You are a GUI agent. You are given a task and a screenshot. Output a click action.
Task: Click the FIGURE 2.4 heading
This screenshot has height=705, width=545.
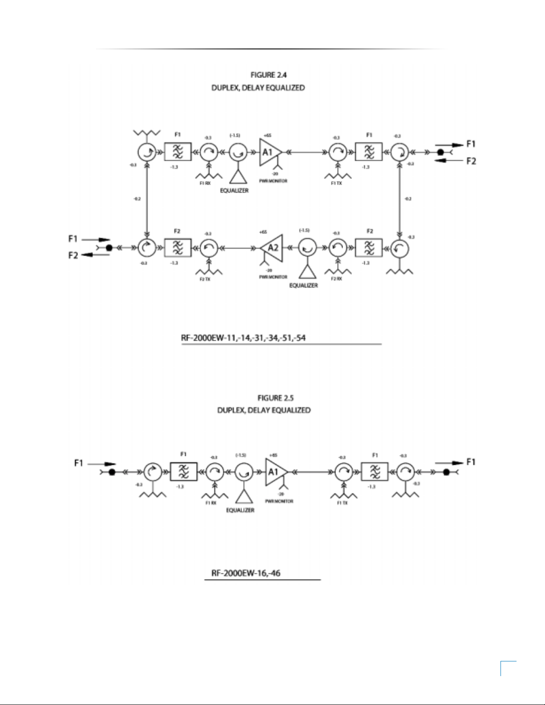tap(268, 75)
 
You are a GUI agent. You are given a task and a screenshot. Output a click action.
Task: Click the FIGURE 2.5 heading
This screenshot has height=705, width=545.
tap(275, 398)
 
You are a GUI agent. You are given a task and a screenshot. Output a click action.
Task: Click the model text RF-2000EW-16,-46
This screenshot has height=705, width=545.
tap(246, 573)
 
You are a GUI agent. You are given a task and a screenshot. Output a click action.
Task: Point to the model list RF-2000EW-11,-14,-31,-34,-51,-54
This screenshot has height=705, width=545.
tap(243, 338)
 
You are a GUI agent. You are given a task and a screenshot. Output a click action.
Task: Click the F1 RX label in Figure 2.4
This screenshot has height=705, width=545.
tap(205, 183)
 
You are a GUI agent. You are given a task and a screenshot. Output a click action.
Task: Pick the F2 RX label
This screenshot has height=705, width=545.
tap(337, 279)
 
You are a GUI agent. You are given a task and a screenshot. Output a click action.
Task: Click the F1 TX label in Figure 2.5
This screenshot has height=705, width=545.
tap(342, 503)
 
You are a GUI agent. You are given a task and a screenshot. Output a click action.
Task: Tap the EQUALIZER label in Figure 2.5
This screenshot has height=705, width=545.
tap(240, 510)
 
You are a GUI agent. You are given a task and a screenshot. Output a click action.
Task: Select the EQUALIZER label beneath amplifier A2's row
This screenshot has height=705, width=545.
tap(303, 286)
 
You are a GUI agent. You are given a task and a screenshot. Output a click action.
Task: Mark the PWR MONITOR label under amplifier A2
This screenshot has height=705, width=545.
tap(273, 277)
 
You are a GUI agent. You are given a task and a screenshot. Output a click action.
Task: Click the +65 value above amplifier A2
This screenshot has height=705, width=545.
tap(263, 232)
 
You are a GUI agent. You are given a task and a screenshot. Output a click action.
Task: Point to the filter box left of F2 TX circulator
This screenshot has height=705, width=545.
tap(178, 248)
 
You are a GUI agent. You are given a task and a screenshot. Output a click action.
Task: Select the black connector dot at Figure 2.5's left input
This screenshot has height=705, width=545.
tap(112, 472)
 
